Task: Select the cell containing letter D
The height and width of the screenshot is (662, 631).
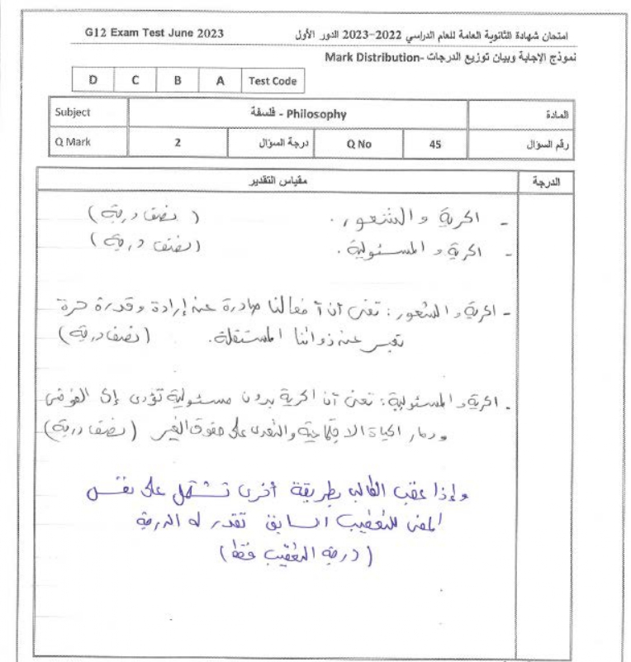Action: (93, 81)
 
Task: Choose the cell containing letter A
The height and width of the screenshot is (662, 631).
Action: (219, 81)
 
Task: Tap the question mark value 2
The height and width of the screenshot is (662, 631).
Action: (177, 142)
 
